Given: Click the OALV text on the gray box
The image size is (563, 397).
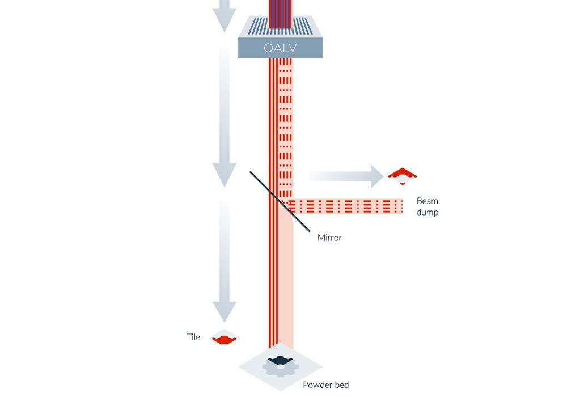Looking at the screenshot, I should pos(280,48).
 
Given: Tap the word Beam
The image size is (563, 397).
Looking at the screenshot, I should pos(427,201).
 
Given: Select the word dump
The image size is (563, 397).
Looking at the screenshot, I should pos(427,213).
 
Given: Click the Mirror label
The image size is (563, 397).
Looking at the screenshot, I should pos(329,238).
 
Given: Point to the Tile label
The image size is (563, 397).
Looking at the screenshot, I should pos(193,337).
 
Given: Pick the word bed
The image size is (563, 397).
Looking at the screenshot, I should pos(341,385).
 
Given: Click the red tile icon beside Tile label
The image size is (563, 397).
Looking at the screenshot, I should pos(225,339).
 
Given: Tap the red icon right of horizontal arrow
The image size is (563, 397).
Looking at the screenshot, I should pos(403,175).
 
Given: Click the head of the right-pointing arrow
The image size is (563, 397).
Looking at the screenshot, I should pos(378,176).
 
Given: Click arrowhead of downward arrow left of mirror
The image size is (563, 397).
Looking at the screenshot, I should pos(225,174).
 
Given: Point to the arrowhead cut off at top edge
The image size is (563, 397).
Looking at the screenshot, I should pos(225,22).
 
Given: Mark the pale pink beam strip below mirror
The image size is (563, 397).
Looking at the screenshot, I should pos(287,284).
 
